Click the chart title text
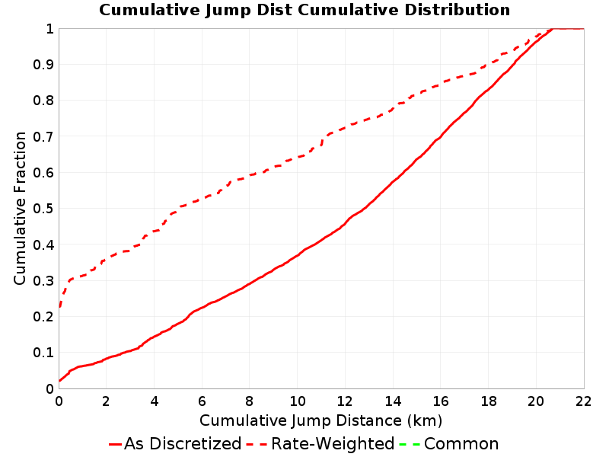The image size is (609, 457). tap(304, 10)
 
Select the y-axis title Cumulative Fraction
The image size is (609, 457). tap(20, 208)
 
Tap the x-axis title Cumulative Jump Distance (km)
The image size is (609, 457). tap(320, 421)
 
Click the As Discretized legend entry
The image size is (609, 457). tap(175, 444)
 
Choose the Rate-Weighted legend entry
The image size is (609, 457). tap(320, 444)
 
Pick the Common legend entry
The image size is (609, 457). tap(448, 444)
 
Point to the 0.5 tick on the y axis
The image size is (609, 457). tap(43, 209)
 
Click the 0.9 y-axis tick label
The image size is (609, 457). tap(43, 65)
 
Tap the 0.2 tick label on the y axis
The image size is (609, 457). tap(43, 317)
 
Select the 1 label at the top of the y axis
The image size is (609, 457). tap(49, 29)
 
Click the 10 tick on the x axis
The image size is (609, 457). tap(298, 401)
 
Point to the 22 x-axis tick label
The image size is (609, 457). tap(583, 401)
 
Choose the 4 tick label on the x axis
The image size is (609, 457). tap(155, 401)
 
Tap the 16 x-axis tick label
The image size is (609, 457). tap(441, 401)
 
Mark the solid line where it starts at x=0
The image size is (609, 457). tap(59, 380)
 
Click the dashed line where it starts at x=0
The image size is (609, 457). tap(59, 307)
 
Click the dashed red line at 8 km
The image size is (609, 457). tap(250, 175)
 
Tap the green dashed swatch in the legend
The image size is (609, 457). tap(410, 444)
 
